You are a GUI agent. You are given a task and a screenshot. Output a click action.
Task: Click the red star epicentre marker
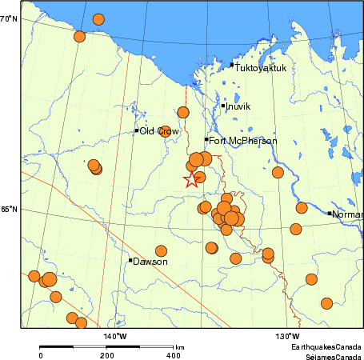coord(190,180)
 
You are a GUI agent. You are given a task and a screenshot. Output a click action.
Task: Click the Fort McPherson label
coord(243,141)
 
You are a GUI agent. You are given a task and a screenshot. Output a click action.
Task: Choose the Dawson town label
coord(150,261)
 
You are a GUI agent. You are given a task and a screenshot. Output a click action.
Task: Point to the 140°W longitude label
coord(115,335)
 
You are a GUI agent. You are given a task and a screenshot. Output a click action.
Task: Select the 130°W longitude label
coord(289,335)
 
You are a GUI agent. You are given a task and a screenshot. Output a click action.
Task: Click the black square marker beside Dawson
coord(130,260)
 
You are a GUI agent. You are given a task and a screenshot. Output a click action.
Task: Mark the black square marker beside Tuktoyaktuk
coord(232,65)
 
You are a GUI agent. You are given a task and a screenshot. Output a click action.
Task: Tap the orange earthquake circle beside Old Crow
coord(166,131)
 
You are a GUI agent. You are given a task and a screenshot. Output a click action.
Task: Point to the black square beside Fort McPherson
coord(206,140)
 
